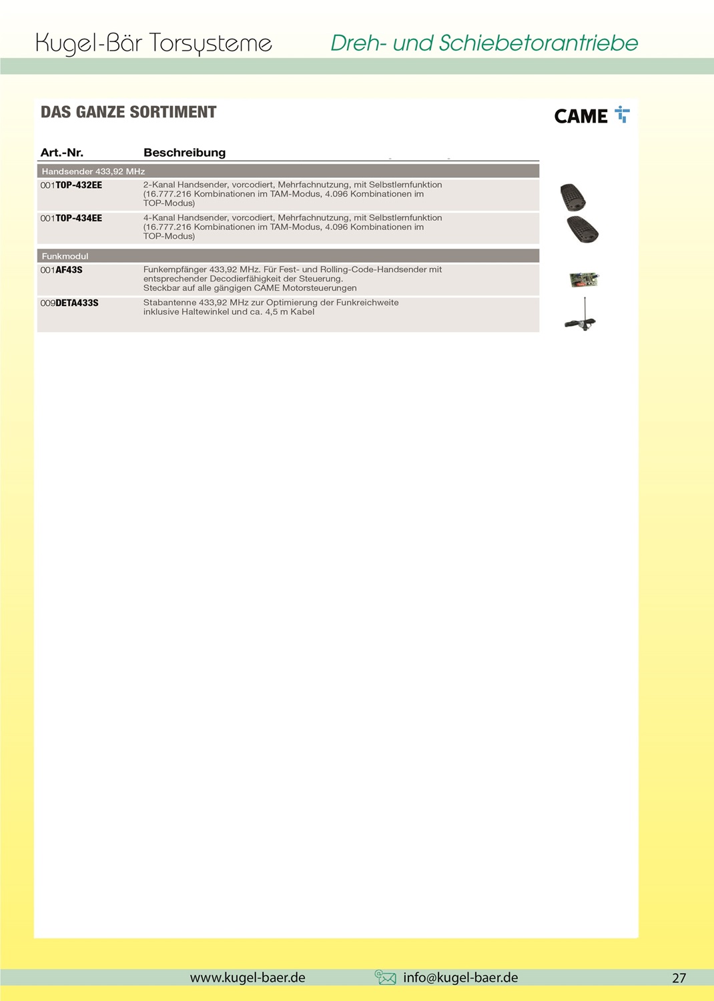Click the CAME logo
591,116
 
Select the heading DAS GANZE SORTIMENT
129,112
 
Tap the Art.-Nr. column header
62,153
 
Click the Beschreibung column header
185,153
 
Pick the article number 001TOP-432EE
71,185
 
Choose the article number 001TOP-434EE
71,219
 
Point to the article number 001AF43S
61,270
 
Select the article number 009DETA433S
69,303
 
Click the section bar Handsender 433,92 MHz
93,171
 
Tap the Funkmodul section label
65,256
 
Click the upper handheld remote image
573,197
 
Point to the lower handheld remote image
583,229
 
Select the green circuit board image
584,279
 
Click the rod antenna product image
582,315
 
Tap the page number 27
679,978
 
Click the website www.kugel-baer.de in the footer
248,978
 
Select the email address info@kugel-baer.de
460,978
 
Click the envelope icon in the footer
386,978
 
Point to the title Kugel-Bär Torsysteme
153,43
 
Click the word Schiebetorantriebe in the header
538,43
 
